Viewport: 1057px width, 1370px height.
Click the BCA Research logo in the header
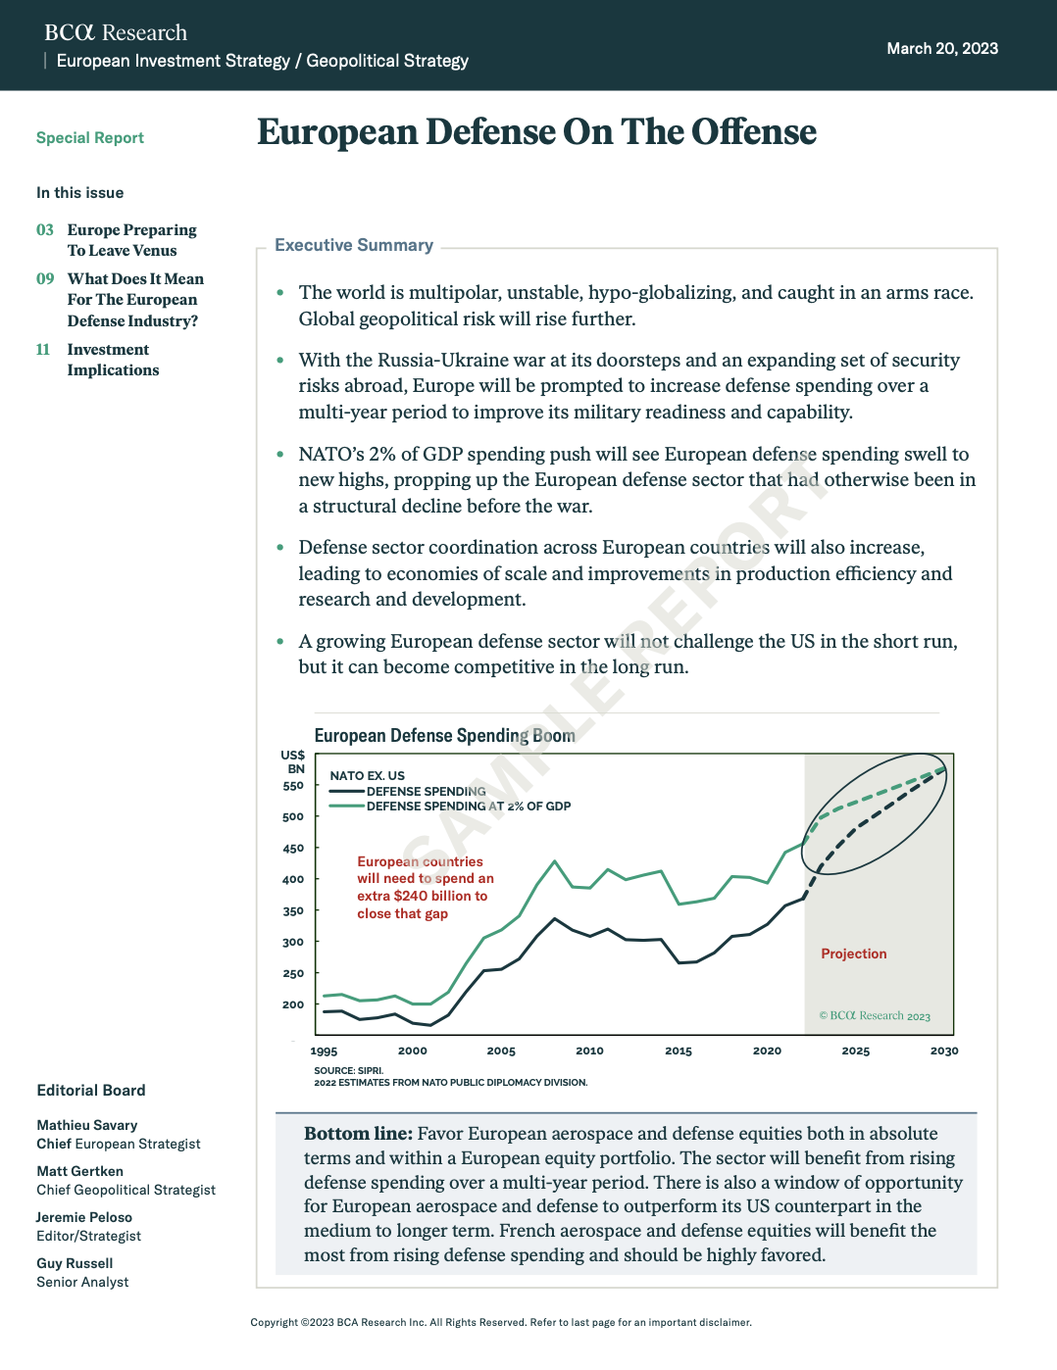coord(116,32)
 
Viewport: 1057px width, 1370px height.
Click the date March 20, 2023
coord(941,48)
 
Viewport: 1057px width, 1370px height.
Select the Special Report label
coord(90,138)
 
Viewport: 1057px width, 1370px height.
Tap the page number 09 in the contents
coord(45,279)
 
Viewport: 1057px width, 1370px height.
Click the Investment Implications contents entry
coord(113,360)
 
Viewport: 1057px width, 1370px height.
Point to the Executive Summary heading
coord(354,245)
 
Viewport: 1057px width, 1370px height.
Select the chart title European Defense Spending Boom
coord(444,735)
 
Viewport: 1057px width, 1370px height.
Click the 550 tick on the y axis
coord(293,786)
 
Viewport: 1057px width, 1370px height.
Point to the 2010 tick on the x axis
coord(589,1051)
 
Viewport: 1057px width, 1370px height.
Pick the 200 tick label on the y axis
coord(293,1004)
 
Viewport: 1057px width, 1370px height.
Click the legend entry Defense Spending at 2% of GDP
coord(468,807)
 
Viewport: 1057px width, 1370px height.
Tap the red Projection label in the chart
coord(853,954)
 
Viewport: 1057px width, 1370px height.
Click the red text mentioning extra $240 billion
coord(422,896)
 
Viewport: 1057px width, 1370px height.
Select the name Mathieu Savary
coord(87,1125)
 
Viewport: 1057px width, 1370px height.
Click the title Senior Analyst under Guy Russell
coord(82,1282)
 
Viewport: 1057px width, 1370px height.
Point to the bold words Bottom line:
coord(358,1134)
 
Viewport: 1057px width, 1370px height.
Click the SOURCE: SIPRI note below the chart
coord(349,1070)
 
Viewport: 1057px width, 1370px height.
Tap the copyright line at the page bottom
coord(501,1322)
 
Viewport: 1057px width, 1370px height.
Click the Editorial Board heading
coord(91,1091)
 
